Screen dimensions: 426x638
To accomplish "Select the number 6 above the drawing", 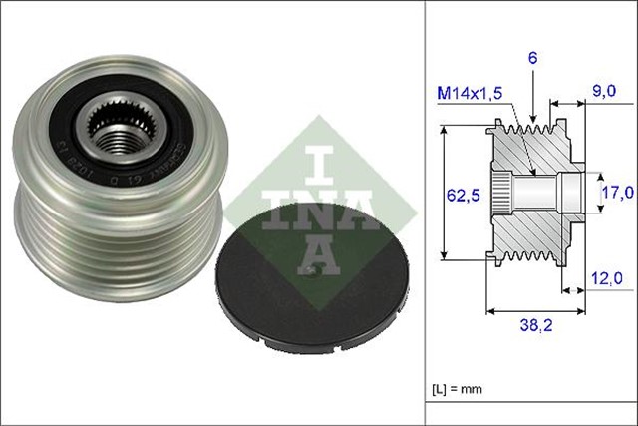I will tap(533, 60).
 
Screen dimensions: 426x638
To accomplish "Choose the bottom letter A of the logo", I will tap(315, 253).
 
